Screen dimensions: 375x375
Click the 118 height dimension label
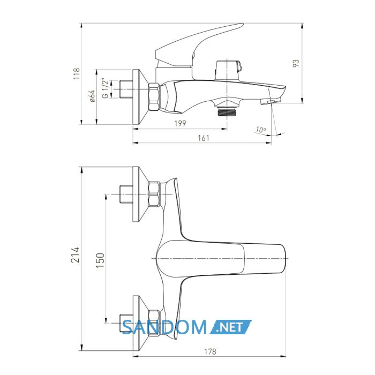[x=76, y=74]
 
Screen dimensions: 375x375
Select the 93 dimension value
[x=296, y=63]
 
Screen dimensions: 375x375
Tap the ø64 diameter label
[x=93, y=96]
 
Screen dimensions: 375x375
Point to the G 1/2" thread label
[x=105, y=88]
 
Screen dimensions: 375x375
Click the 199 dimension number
[x=180, y=123]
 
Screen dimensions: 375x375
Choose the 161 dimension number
[x=204, y=138]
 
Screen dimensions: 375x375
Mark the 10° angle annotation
[x=261, y=130]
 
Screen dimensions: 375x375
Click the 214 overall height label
[x=75, y=255]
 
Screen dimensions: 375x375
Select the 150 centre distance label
[x=101, y=260]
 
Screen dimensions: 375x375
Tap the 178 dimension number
[x=210, y=351]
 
